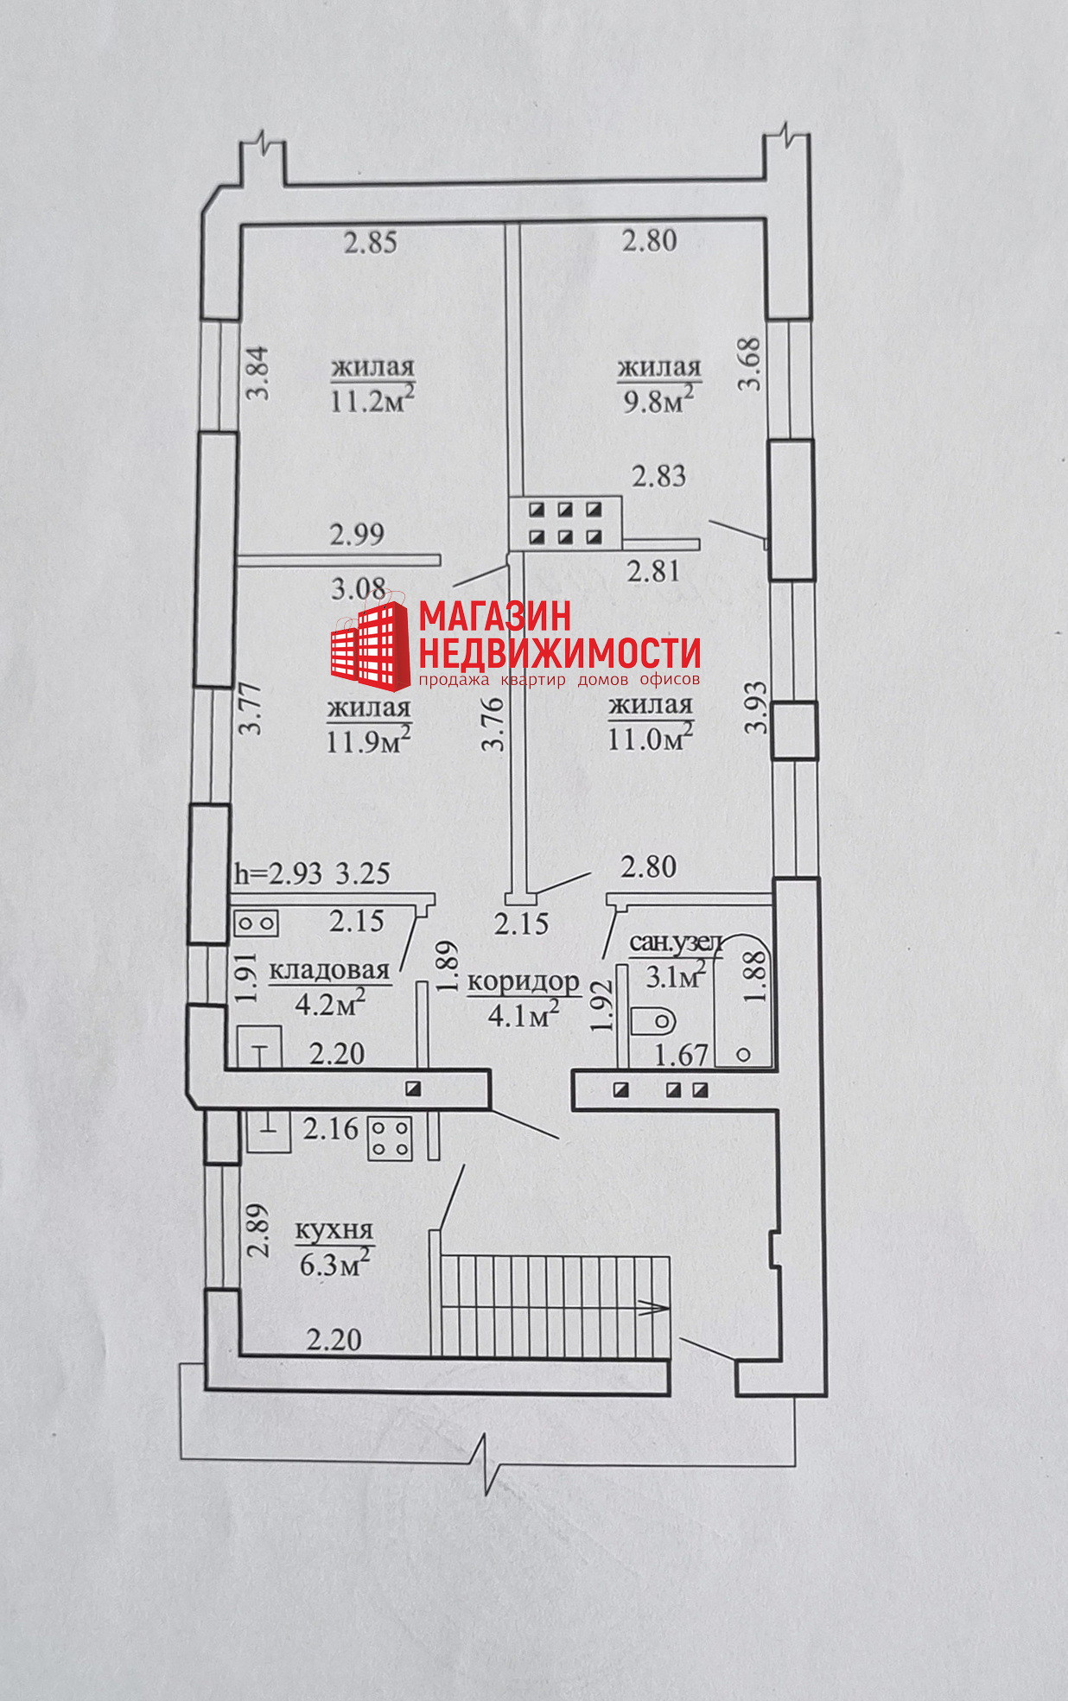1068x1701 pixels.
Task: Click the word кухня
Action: point(334,1232)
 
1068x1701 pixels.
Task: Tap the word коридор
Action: point(523,984)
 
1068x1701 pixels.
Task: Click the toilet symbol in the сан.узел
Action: point(653,1021)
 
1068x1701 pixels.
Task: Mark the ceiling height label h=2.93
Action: point(278,873)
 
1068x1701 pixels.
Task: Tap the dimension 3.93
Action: point(756,708)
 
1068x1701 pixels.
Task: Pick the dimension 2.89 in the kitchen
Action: point(257,1231)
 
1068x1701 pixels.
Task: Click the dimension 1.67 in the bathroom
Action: point(682,1055)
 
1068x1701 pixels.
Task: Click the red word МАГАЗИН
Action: point(495,615)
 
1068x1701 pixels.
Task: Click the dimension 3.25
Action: point(362,873)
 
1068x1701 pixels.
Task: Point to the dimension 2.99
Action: point(358,534)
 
